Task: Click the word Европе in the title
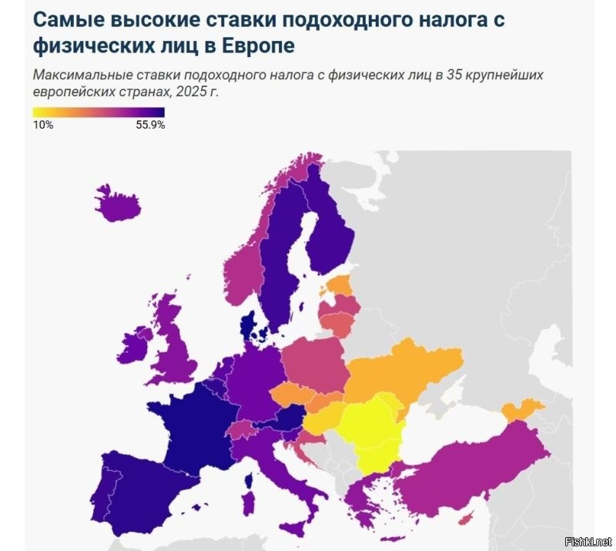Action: click(257, 45)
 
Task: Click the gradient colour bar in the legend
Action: click(99, 112)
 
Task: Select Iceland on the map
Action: click(119, 202)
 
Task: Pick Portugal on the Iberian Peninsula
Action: click(106, 493)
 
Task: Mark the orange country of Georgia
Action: click(524, 409)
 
